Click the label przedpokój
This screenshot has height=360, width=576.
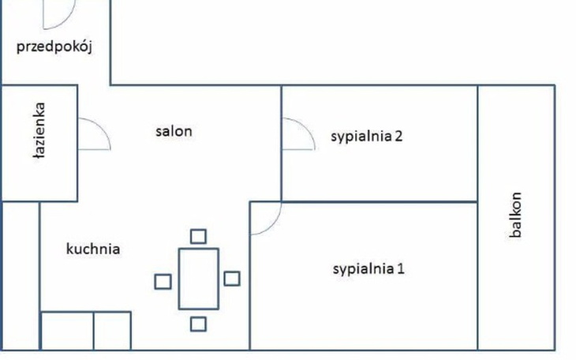point(55,47)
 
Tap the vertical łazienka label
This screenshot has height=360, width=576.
point(39,131)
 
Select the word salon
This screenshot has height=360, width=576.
point(174,131)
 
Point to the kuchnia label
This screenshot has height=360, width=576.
point(93,249)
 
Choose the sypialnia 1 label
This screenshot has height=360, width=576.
point(368,268)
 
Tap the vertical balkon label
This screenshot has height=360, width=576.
point(516,215)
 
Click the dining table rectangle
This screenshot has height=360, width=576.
point(198,278)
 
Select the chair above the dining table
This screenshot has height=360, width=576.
point(198,235)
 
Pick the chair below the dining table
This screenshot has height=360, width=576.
point(198,323)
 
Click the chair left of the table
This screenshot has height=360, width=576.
point(162,280)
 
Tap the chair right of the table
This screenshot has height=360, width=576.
point(232,278)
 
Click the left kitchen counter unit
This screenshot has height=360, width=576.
point(67,331)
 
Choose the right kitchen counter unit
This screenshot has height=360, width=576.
point(111,331)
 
